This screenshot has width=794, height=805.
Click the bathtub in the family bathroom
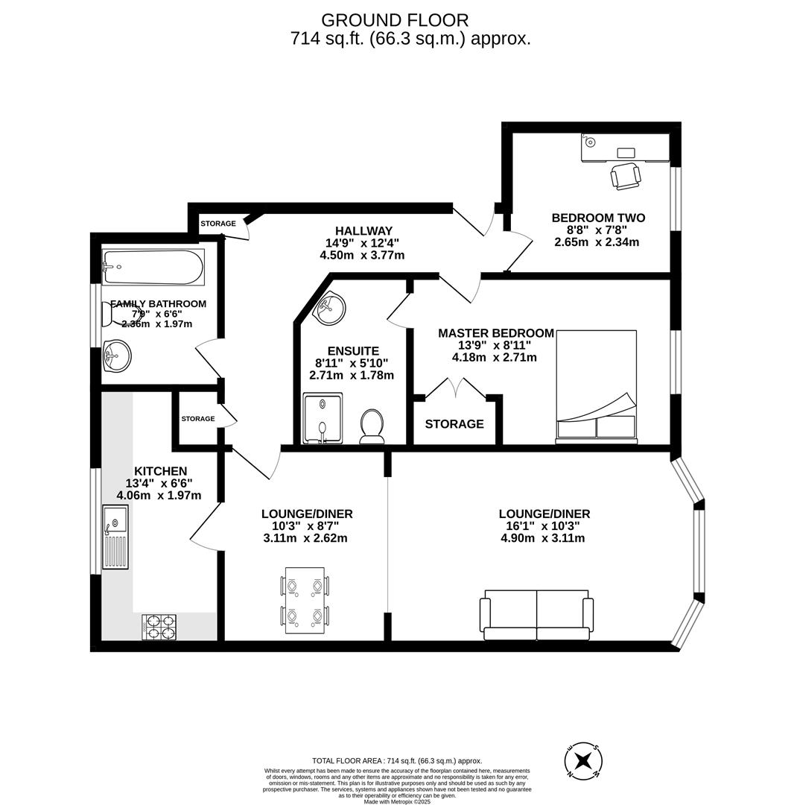153,267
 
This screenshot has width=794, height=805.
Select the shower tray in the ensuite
323,418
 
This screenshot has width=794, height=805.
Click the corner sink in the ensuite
329,308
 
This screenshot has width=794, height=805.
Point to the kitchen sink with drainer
115,537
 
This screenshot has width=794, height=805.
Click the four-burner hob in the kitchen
159,627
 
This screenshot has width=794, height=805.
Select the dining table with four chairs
305,600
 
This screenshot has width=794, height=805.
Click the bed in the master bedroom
597,386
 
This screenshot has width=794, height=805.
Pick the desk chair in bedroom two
625,176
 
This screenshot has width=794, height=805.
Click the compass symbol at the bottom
583,761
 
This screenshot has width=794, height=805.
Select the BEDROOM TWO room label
598,218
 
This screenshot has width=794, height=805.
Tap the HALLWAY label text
363,231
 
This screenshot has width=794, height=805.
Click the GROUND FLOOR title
395,20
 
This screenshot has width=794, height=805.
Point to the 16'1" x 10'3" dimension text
544,526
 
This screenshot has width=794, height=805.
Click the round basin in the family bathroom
116,356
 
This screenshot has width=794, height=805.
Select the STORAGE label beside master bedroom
454,424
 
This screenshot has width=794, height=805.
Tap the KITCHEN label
160,471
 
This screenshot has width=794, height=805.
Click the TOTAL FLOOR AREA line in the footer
397,761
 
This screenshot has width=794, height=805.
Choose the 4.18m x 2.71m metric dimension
494,357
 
